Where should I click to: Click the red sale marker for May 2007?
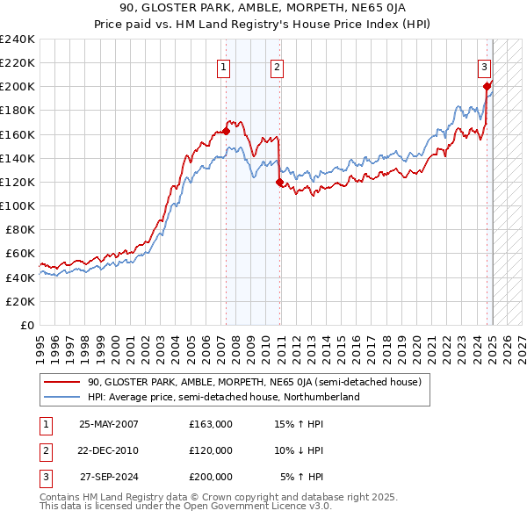click(x=226, y=131)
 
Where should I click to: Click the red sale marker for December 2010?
click(x=279, y=183)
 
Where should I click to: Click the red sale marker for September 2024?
click(x=486, y=86)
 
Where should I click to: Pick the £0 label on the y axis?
click(x=26, y=325)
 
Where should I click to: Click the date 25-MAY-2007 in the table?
click(x=109, y=423)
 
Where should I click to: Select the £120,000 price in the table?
click(x=211, y=450)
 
